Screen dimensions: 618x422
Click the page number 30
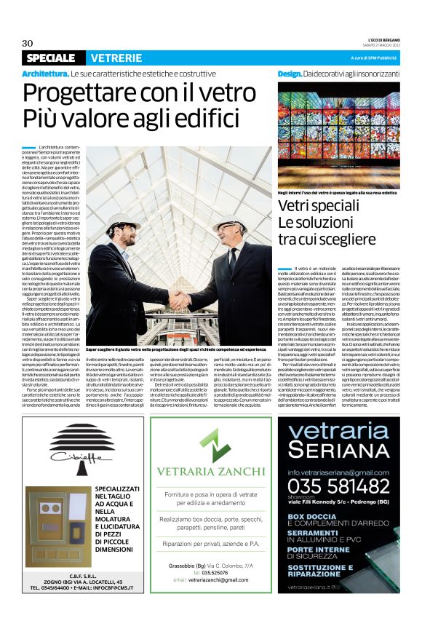coord(28,42)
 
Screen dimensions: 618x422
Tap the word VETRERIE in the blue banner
coord(116,58)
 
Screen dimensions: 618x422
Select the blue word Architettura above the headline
coord(45,74)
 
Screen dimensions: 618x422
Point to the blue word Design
coord(290,74)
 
